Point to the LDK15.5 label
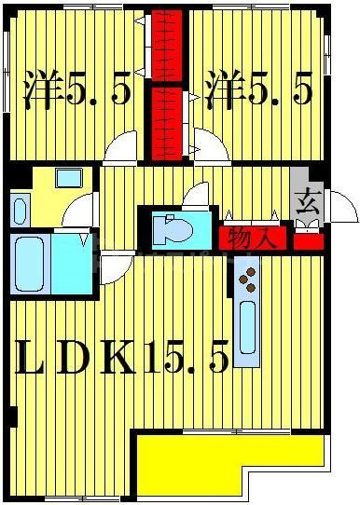pos(121,360)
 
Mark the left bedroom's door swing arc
pos(122,147)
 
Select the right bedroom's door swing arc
pos(211,146)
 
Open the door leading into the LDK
pos(115,269)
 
